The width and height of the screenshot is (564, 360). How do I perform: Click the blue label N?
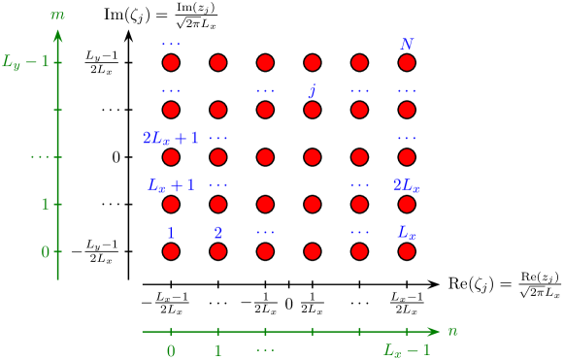click(407, 45)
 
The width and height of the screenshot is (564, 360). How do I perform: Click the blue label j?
click(313, 91)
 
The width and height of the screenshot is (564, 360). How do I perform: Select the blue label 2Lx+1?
click(171, 138)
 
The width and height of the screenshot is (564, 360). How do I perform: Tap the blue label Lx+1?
click(171, 184)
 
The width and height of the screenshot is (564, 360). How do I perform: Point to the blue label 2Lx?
click(407, 184)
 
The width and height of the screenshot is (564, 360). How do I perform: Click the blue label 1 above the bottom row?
click(171, 233)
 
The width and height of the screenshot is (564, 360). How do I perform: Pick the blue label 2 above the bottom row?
click(218, 233)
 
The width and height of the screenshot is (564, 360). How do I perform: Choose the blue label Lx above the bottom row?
click(407, 233)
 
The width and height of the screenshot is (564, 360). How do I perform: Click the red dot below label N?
click(407, 63)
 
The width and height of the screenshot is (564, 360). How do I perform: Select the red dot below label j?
click(313, 110)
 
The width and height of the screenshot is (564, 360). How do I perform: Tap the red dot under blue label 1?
click(171, 251)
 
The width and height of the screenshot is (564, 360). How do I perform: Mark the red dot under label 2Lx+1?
click(171, 157)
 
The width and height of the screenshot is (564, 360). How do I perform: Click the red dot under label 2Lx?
click(407, 205)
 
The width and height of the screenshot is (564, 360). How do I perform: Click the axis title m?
click(57, 16)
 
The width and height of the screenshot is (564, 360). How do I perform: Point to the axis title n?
click(452, 331)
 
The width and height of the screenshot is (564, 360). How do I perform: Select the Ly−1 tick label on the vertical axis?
click(24, 63)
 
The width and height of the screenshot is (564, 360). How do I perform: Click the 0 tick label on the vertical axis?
click(45, 252)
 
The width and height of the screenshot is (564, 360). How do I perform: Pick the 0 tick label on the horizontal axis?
click(171, 350)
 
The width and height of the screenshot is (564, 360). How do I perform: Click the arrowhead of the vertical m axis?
click(57, 37)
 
